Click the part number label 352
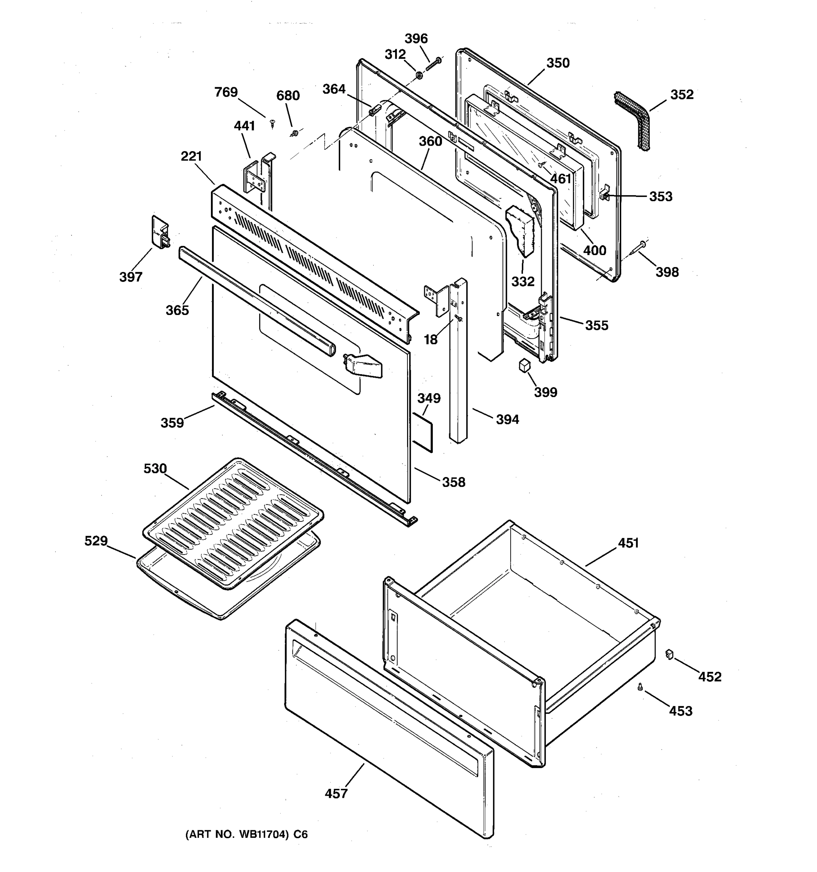pos(682,95)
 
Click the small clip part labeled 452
pos(669,654)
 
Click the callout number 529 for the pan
pos(96,541)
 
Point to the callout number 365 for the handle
pos(177,310)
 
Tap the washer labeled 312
pos(419,76)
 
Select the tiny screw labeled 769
pos(273,124)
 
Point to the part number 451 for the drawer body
pos(628,543)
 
